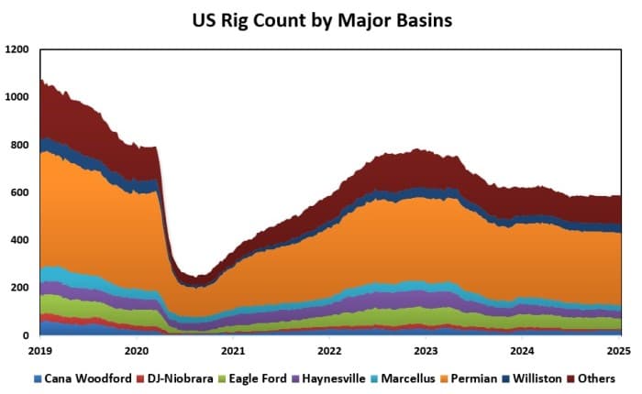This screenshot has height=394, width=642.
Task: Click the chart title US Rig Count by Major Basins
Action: pyautogui.click(x=321, y=19)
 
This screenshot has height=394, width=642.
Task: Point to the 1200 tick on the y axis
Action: pyautogui.click(x=17, y=49)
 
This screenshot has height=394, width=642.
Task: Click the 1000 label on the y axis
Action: pyautogui.click(x=17, y=97)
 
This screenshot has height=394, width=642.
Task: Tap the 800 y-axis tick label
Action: pyautogui.click(x=20, y=145)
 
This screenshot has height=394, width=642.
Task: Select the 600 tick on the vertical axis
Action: pyautogui.click(x=20, y=192)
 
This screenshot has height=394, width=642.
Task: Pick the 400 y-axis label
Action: pyautogui.click(x=20, y=240)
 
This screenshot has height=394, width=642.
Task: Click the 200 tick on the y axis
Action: pyautogui.click(x=20, y=288)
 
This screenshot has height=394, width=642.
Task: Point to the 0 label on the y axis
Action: pyautogui.click(x=27, y=335)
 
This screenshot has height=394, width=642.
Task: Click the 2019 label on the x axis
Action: pyautogui.click(x=39, y=350)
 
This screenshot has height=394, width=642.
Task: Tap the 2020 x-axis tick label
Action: pyautogui.click(x=136, y=350)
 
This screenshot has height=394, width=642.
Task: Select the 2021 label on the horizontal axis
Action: pyautogui.click(x=233, y=350)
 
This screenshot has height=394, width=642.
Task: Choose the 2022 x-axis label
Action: pyautogui.click(x=329, y=350)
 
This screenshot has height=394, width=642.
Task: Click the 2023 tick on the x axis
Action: pyautogui.click(x=426, y=350)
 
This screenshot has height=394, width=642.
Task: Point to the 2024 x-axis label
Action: pyautogui.click(x=523, y=350)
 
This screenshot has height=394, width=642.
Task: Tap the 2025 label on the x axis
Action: pyautogui.click(x=619, y=350)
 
